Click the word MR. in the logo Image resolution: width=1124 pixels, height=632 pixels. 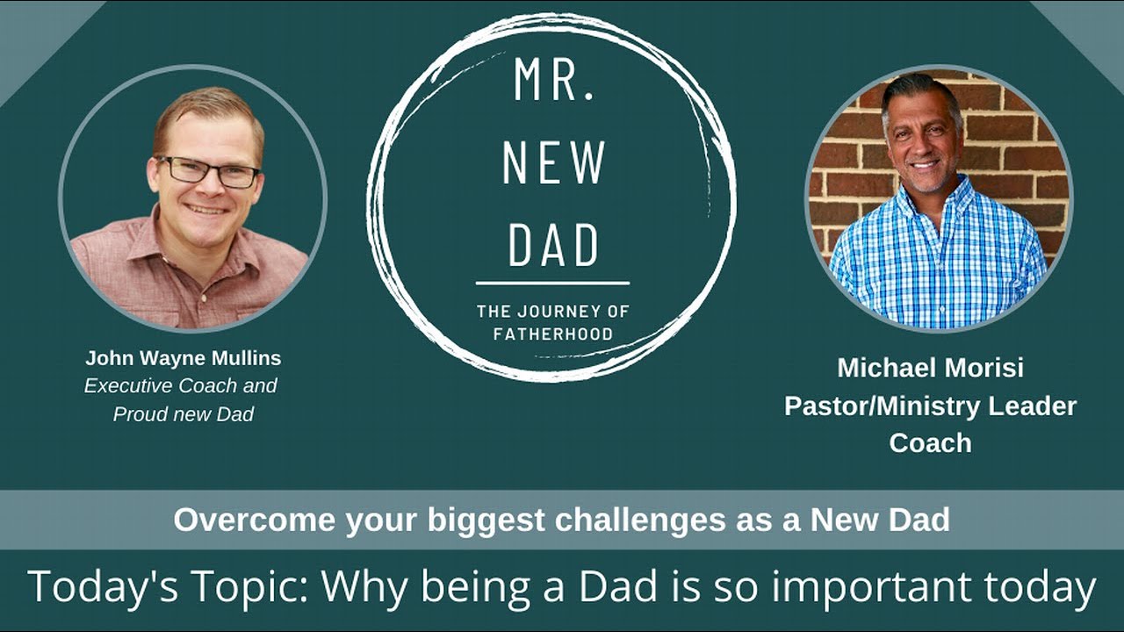[x=552, y=82]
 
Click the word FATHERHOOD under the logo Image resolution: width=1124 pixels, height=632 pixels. [x=552, y=334]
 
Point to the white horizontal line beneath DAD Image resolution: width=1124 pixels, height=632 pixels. [x=552, y=283]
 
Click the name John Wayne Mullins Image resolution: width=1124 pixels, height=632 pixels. [x=183, y=358]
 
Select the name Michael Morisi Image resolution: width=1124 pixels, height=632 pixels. [x=930, y=367]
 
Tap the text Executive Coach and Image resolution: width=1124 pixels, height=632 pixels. [x=180, y=385]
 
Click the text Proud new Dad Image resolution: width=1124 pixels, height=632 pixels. [x=183, y=413]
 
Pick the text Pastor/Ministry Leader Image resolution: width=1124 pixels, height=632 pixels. [x=930, y=406]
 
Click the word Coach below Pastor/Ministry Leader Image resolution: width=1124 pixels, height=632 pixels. [x=930, y=443]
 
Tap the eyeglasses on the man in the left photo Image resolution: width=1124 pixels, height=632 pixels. [x=209, y=170]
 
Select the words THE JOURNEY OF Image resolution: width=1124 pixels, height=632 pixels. [x=552, y=311]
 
